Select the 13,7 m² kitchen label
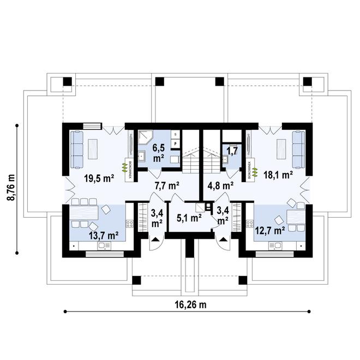(x=104, y=236)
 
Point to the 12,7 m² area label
(x=270, y=231)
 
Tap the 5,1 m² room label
(x=189, y=217)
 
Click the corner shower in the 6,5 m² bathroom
(x=145, y=139)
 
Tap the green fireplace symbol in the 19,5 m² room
(x=124, y=167)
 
